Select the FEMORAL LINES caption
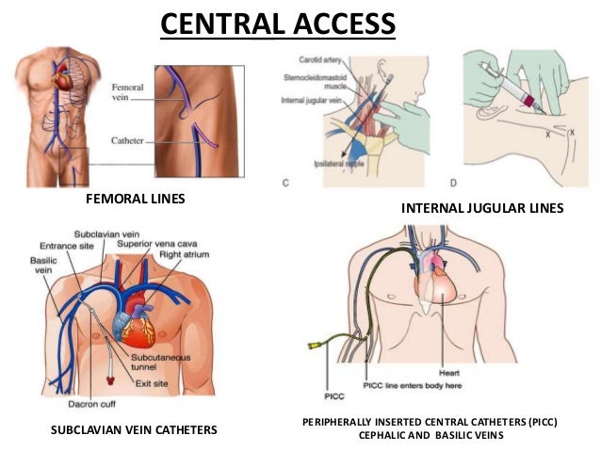(x=135, y=200)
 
